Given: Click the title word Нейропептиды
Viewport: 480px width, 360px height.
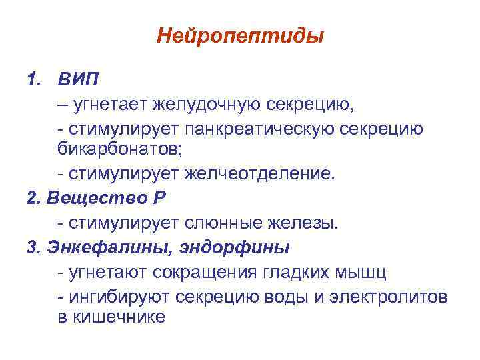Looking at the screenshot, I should [240, 35].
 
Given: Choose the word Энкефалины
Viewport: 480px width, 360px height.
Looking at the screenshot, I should [101, 247].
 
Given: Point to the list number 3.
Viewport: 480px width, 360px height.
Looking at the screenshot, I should [31, 247].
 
